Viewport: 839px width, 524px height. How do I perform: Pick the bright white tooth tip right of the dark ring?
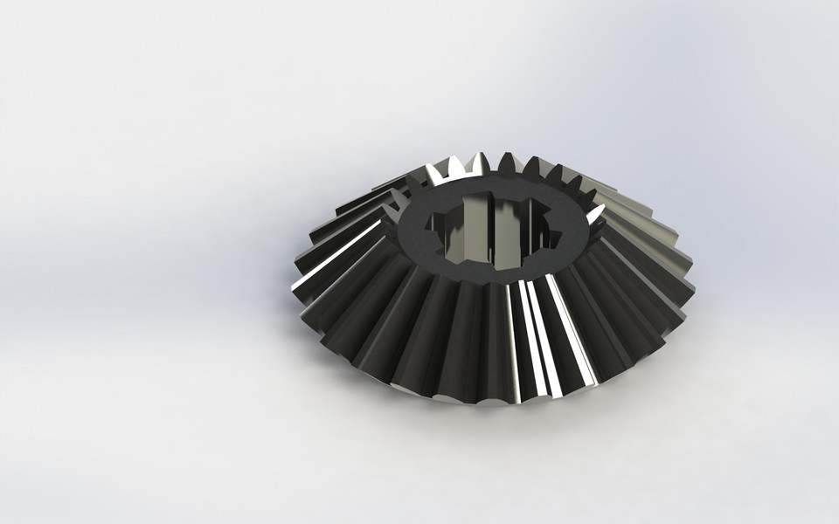596,212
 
